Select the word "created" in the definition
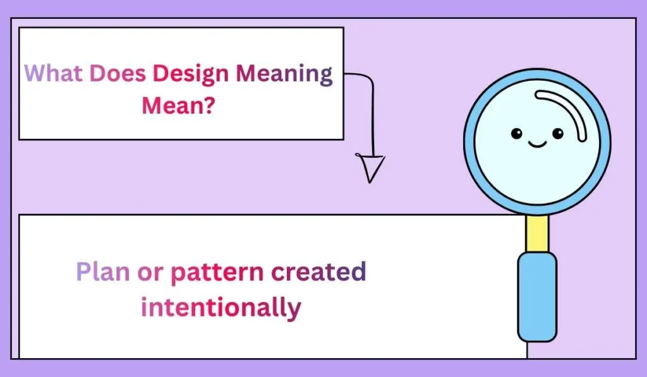click(319, 272)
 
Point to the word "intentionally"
click(221, 308)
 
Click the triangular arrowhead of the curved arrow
click(371, 167)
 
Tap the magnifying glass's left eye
click(516, 134)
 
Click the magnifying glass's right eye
click(557, 134)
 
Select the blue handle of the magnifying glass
click(536, 297)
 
